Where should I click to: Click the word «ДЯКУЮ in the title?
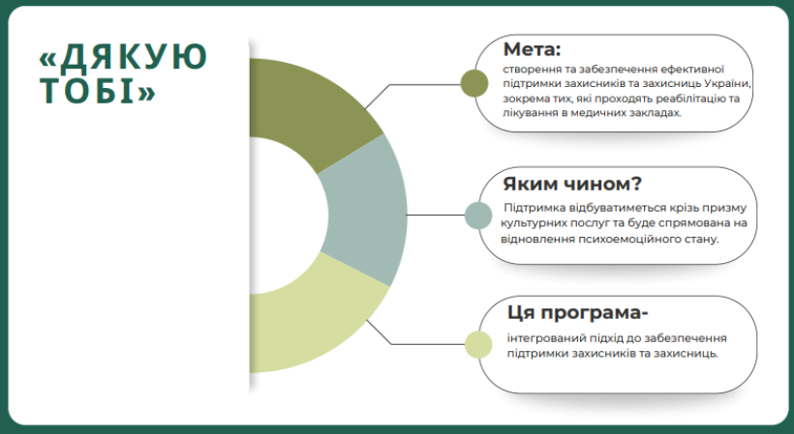[x=123, y=56]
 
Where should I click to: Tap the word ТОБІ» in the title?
[x=97, y=91]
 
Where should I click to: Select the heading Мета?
[x=533, y=49]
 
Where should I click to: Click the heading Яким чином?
[x=572, y=184]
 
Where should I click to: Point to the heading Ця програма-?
[x=578, y=313]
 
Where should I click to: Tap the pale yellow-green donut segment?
[x=314, y=318]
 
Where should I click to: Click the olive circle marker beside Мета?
[x=474, y=83]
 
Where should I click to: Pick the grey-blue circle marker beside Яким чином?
[x=478, y=216]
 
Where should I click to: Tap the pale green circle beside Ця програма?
[x=478, y=344]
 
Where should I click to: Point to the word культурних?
[x=531, y=223]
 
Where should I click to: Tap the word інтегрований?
[x=539, y=338]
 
